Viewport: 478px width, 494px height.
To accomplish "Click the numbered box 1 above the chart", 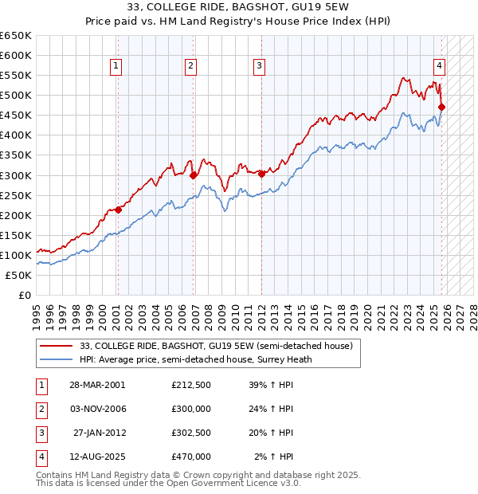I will pos(116,66).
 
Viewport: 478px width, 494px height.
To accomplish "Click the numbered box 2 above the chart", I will pos(191,66).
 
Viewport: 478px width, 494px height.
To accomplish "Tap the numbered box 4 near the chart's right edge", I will pos(439,66).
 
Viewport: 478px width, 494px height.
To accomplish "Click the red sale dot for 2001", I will pos(118,210).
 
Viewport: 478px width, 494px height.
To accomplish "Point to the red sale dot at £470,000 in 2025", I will pos(442,107).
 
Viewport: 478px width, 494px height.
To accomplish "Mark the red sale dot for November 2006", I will pos(193,174).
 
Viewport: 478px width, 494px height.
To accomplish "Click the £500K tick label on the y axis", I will pos(16,96).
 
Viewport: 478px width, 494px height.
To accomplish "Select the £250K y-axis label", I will pos(16,195).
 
